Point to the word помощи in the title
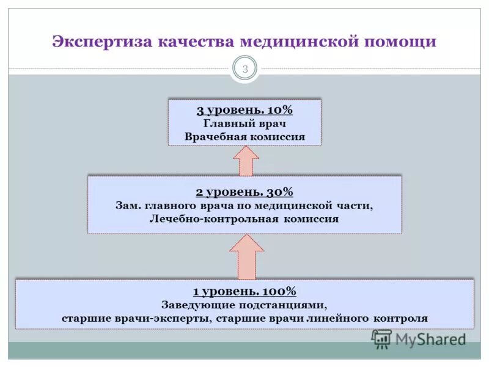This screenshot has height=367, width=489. click(x=400, y=42)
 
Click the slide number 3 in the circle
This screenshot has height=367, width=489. click(x=244, y=69)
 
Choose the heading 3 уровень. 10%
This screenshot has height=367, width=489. click(x=244, y=110)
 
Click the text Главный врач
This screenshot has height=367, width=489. click(x=244, y=124)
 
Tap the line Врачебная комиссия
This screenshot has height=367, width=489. click(x=244, y=137)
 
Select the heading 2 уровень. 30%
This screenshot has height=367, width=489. click(x=244, y=191)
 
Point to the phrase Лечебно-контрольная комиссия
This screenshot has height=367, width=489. click(x=244, y=218)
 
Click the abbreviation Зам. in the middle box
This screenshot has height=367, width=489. click(x=128, y=206)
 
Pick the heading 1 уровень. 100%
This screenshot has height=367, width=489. click(x=244, y=291)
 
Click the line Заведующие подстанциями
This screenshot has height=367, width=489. click(x=244, y=305)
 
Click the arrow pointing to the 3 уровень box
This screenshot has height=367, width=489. click(x=246, y=160)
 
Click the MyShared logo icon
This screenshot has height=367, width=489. click(x=381, y=338)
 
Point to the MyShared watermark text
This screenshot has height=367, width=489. click(x=430, y=339)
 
